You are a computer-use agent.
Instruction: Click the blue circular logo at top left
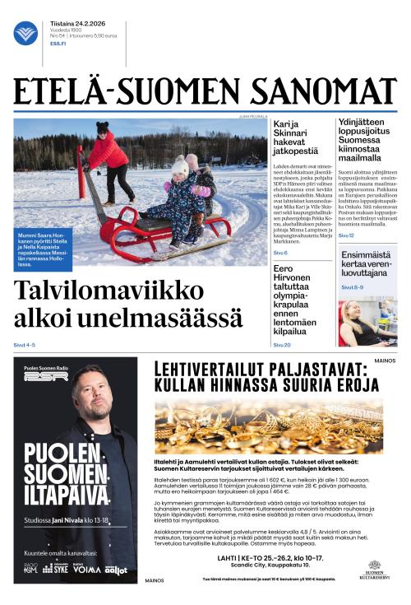click(25, 33)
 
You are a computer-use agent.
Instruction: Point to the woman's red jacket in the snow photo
click(108, 151)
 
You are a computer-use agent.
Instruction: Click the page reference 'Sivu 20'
click(282, 345)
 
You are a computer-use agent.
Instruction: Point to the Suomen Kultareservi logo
click(374, 570)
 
